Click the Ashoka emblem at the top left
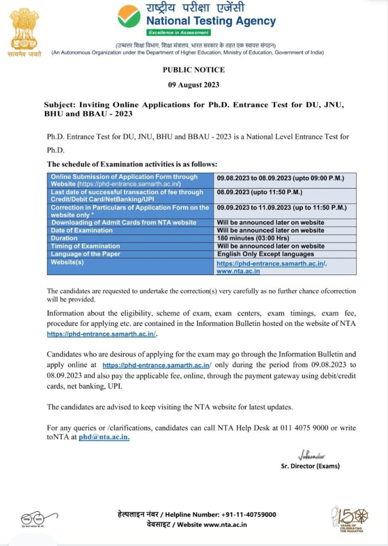coord(24,29)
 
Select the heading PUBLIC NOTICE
coord(194,70)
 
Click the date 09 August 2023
coord(194,85)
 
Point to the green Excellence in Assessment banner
coord(172,33)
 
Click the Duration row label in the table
coord(64,238)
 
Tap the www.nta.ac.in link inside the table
coord(237,271)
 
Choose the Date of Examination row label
coord(81,230)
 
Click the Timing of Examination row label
coord(85,246)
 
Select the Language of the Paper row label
coord(85,254)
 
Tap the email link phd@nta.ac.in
coord(104,437)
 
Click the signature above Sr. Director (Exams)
coord(312,455)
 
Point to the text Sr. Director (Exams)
coord(310,466)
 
